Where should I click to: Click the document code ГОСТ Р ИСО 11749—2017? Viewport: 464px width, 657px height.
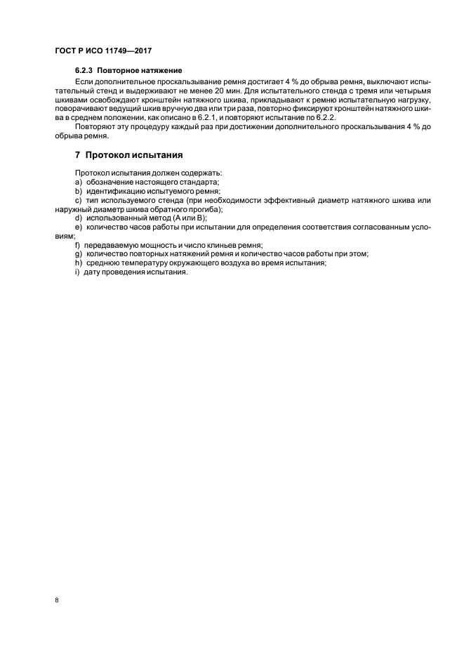pos(104,51)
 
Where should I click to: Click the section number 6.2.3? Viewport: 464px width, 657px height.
pos(84,72)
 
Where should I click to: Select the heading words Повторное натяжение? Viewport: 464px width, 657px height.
pos(140,72)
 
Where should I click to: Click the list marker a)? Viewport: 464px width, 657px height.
pos(78,182)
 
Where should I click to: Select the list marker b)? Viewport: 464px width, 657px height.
pos(78,191)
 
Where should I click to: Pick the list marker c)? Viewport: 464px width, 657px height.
pos(78,201)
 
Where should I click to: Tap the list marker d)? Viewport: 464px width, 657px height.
pos(78,218)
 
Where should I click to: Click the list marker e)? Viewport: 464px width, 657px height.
pos(78,227)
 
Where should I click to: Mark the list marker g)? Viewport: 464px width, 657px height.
pos(78,254)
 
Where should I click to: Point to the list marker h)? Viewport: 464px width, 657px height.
pos(78,263)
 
